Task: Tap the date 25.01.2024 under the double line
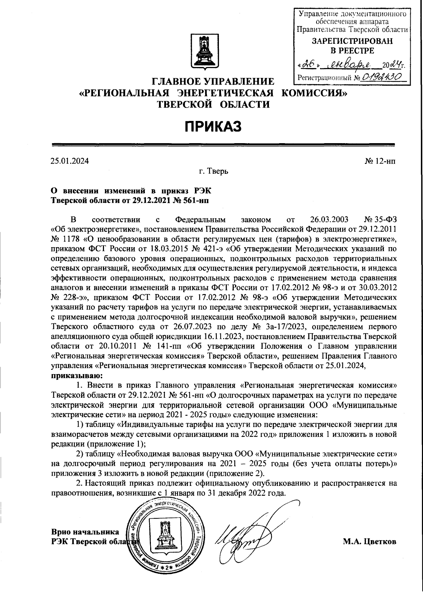pos(70,161)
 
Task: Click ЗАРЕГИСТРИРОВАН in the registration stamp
pos(352,41)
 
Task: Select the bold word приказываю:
pos(77,375)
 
